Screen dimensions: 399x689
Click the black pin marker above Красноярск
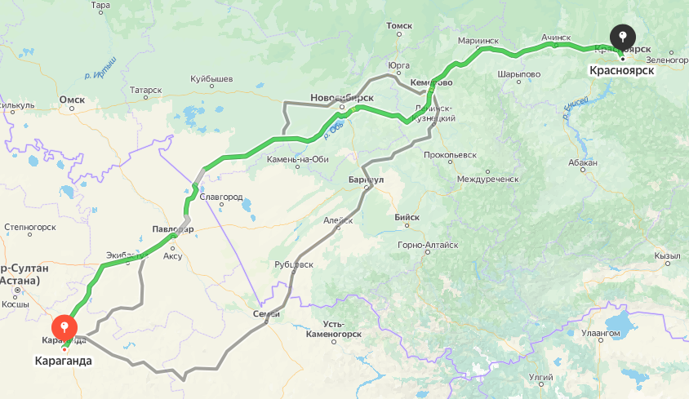click(x=623, y=37)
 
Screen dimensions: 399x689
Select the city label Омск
click(x=72, y=100)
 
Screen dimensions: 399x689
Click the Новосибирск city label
click(x=341, y=98)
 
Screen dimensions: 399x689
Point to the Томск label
click(x=399, y=26)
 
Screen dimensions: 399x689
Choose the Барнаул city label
click(x=365, y=179)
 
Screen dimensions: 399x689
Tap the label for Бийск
click(x=407, y=217)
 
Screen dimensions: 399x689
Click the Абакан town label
click(x=585, y=163)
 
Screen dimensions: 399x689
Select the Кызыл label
click(x=667, y=255)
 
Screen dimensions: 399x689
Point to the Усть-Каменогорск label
click(x=333, y=329)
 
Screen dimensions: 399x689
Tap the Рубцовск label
click(x=294, y=264)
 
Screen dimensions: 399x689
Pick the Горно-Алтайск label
click(x=428, y=245)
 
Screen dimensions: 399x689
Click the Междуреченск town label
click(x=487, y=178)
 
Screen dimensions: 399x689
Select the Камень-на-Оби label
click(x=297, y=159)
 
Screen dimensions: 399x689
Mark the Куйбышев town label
click(x=211, y=78)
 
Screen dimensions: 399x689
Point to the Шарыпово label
click(x=518, y=73)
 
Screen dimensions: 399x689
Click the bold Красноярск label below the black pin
click(x=622, y=71)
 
